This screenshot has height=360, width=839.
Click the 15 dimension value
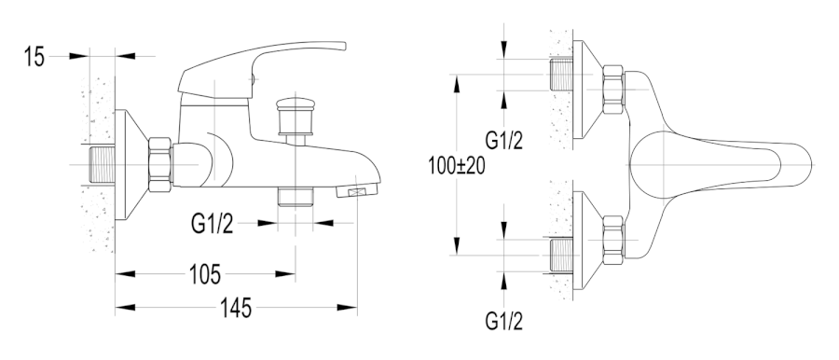pos(34,56)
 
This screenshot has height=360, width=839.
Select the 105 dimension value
pos(205,275)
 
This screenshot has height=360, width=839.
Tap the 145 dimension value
pos(236,308)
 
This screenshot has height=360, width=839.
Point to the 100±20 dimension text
pos(457,166)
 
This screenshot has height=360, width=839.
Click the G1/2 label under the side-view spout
pos(212,224)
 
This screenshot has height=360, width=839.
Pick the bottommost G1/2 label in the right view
pos(503,321)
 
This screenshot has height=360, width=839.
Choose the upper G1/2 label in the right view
pos(503,140)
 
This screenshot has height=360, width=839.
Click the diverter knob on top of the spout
pos(295,117)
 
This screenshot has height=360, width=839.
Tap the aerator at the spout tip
pos(356,189)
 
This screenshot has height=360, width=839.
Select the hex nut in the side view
pos(160,164)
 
